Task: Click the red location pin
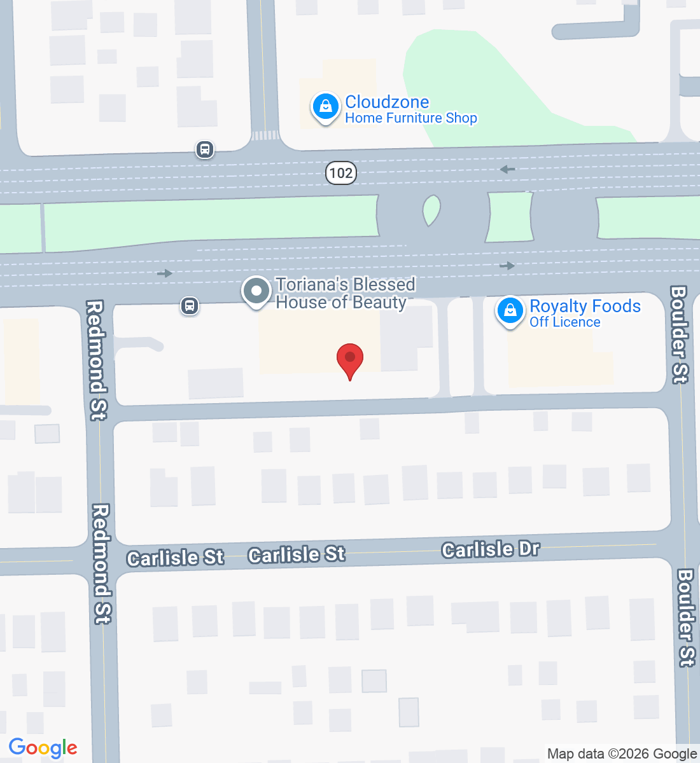349,360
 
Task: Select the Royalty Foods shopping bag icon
510,311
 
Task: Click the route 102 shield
341,172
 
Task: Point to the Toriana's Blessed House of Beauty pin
256,292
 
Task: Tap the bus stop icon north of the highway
205,149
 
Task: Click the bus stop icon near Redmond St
189,306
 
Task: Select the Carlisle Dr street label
491,549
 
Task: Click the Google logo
43,748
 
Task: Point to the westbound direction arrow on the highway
507,169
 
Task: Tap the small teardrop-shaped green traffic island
431,210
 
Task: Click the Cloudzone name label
387,102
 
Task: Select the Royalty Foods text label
585,306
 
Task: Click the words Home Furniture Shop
411,118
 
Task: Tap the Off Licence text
565,322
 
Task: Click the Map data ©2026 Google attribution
622,754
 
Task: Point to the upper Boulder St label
679,334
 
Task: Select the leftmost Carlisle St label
175,558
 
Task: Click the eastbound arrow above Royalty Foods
507,266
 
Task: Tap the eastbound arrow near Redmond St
165,273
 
